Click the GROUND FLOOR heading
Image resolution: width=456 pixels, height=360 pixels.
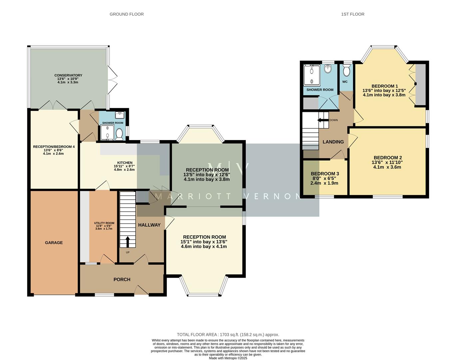point(127,14)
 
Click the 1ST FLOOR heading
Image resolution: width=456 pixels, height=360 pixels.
point(352,14)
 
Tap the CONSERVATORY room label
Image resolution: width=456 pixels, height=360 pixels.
point(68,75)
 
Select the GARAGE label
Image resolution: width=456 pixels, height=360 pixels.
point(54,243)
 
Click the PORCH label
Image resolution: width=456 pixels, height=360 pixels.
point(122,279)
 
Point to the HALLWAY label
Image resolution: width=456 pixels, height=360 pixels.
point(149,225)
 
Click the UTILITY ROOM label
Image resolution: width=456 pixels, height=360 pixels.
point(104,223)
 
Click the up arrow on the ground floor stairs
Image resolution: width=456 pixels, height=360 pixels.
point(128,242)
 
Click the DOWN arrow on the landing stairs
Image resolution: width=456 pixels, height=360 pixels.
point(322,120)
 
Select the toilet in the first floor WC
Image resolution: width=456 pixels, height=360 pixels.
point(346,71)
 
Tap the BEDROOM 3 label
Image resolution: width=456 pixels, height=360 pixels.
point(325,174)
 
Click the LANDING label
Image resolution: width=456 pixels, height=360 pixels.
point(333,142)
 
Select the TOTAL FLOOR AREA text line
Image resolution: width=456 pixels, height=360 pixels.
point(228,335)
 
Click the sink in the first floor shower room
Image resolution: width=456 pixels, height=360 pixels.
point(328,69)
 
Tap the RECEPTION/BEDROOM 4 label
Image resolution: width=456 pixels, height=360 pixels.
point(54,147)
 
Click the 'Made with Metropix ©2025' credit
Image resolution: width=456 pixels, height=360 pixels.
point(228,358)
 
